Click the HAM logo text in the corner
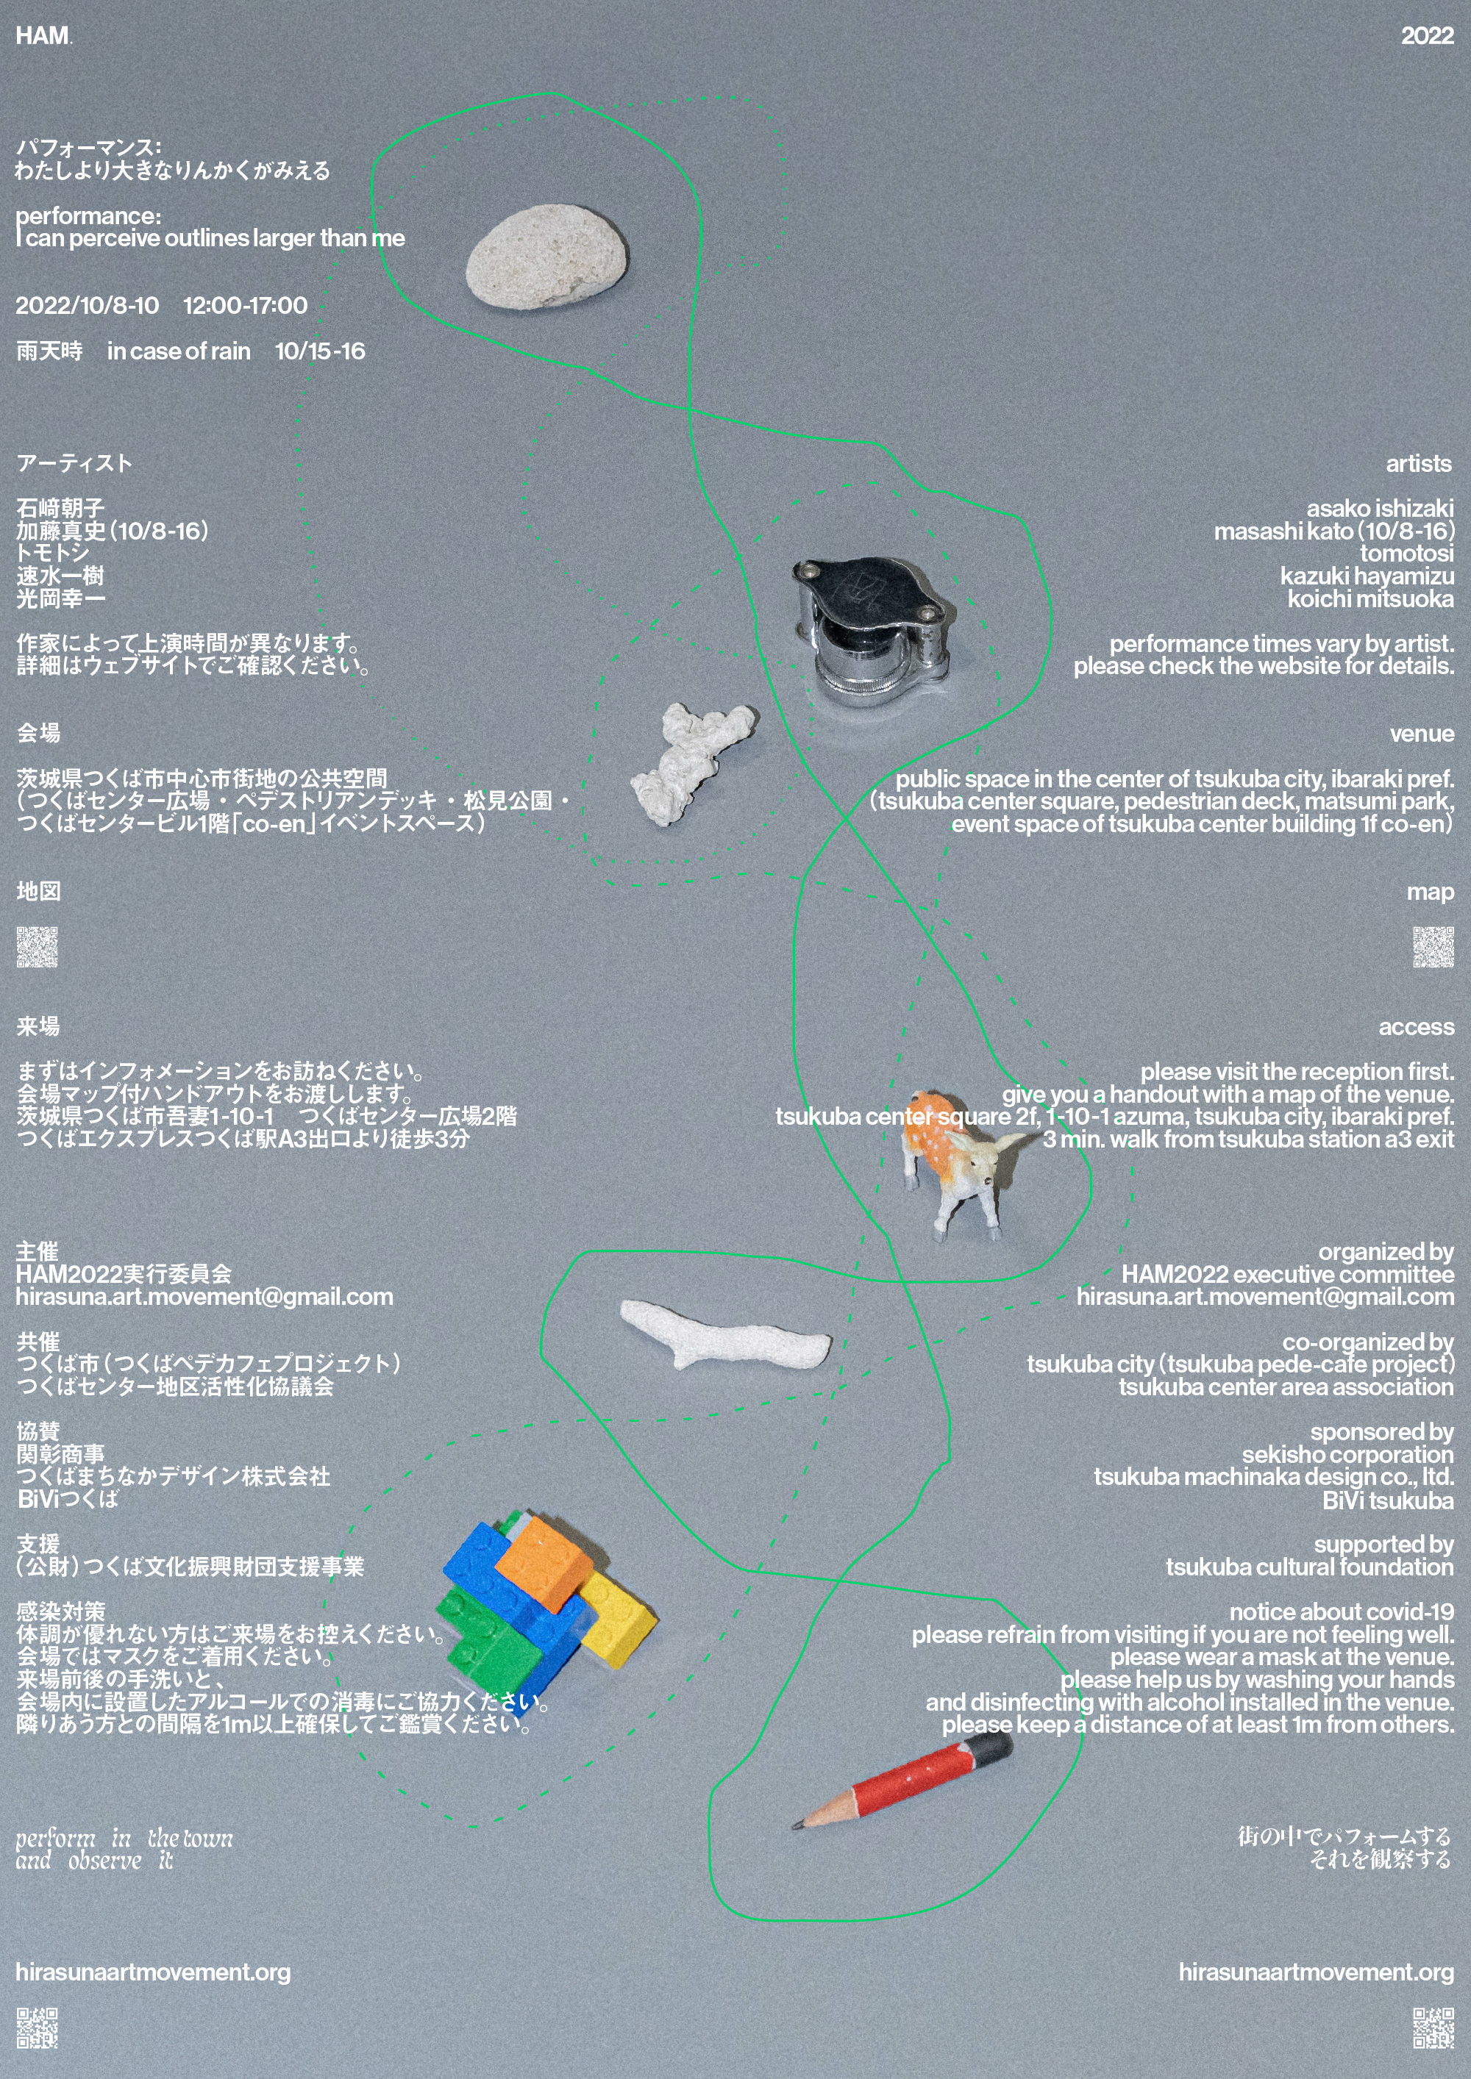[x=43, y=35]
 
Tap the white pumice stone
[x=546, y=257]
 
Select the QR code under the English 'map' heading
[x=1433, y=947]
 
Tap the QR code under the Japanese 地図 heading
[x=37, y=947]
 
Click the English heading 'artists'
[x=1419, y=464]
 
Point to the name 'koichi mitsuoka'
[x=1370, y=598]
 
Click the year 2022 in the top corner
[x=1427, y=35]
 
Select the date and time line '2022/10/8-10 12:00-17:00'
[x=161, y=305]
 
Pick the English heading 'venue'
[x=1422, y=734]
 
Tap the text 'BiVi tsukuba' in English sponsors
[x=1388, y=1500]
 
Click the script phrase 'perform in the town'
[x=124, y=1838]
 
